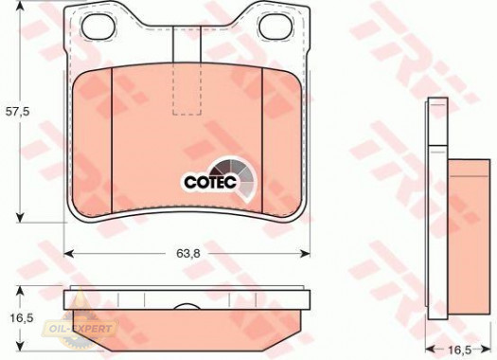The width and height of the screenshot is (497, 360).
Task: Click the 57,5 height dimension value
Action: pyautogui.click(x=18, y=112)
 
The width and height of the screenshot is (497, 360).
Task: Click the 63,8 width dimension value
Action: pyautogui.click(x=188, y=254)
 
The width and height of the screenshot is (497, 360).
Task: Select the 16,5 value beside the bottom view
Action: pyautogui.click(x=22, y=318)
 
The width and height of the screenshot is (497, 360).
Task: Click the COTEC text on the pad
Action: pyautogui.click(x=210, y=182)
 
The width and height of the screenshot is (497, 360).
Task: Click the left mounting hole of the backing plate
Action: pyautogui.click(x=98, y=27)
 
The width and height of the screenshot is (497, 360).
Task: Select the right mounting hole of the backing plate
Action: pyautogui.click(x=275, y=27)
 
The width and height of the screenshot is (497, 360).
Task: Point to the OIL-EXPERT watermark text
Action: pyautogui.click(x=80, y=329)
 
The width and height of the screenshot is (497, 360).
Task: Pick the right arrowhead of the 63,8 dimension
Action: pyautogui.click(x=305, y=254)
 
